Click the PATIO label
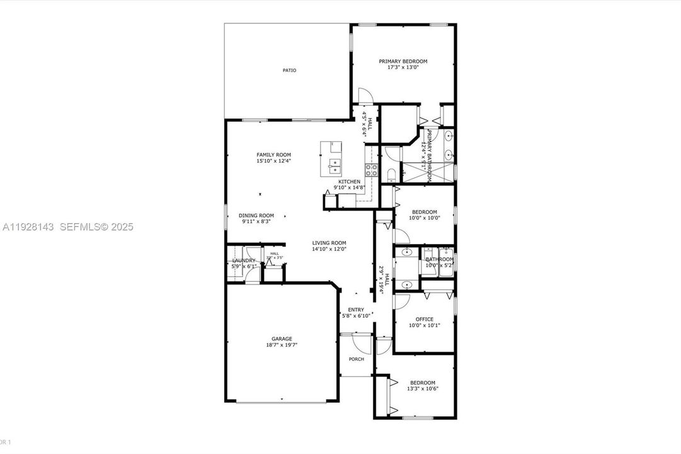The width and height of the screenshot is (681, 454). (x=289, y=70)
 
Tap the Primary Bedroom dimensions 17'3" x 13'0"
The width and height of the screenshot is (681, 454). (x=403, y=67)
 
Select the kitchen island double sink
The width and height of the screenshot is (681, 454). (x=335, y=166)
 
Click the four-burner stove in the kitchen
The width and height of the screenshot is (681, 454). (x=371, y=169)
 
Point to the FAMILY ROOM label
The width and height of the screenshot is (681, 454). (x=273, y=154)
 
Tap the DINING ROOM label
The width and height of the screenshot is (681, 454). (x=258, y=215)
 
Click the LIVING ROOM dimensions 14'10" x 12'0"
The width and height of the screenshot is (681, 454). (x=329, y=249)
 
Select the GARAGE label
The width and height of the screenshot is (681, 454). (x=282, y=339)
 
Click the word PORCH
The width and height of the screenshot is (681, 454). (x=357, y=359)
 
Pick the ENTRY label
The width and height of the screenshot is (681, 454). (x=356, y=310)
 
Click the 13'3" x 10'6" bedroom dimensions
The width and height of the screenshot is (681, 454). (x=422, y=388)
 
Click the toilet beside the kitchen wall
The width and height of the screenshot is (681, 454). (x=389, y=174)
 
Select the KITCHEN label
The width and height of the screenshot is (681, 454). (x=349, y=182)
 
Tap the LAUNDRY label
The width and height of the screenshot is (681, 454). (x=244, y=260)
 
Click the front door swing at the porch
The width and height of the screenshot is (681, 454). (x=361, y=344)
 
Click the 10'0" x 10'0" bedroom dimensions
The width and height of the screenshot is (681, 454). (x=424, y=218)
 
